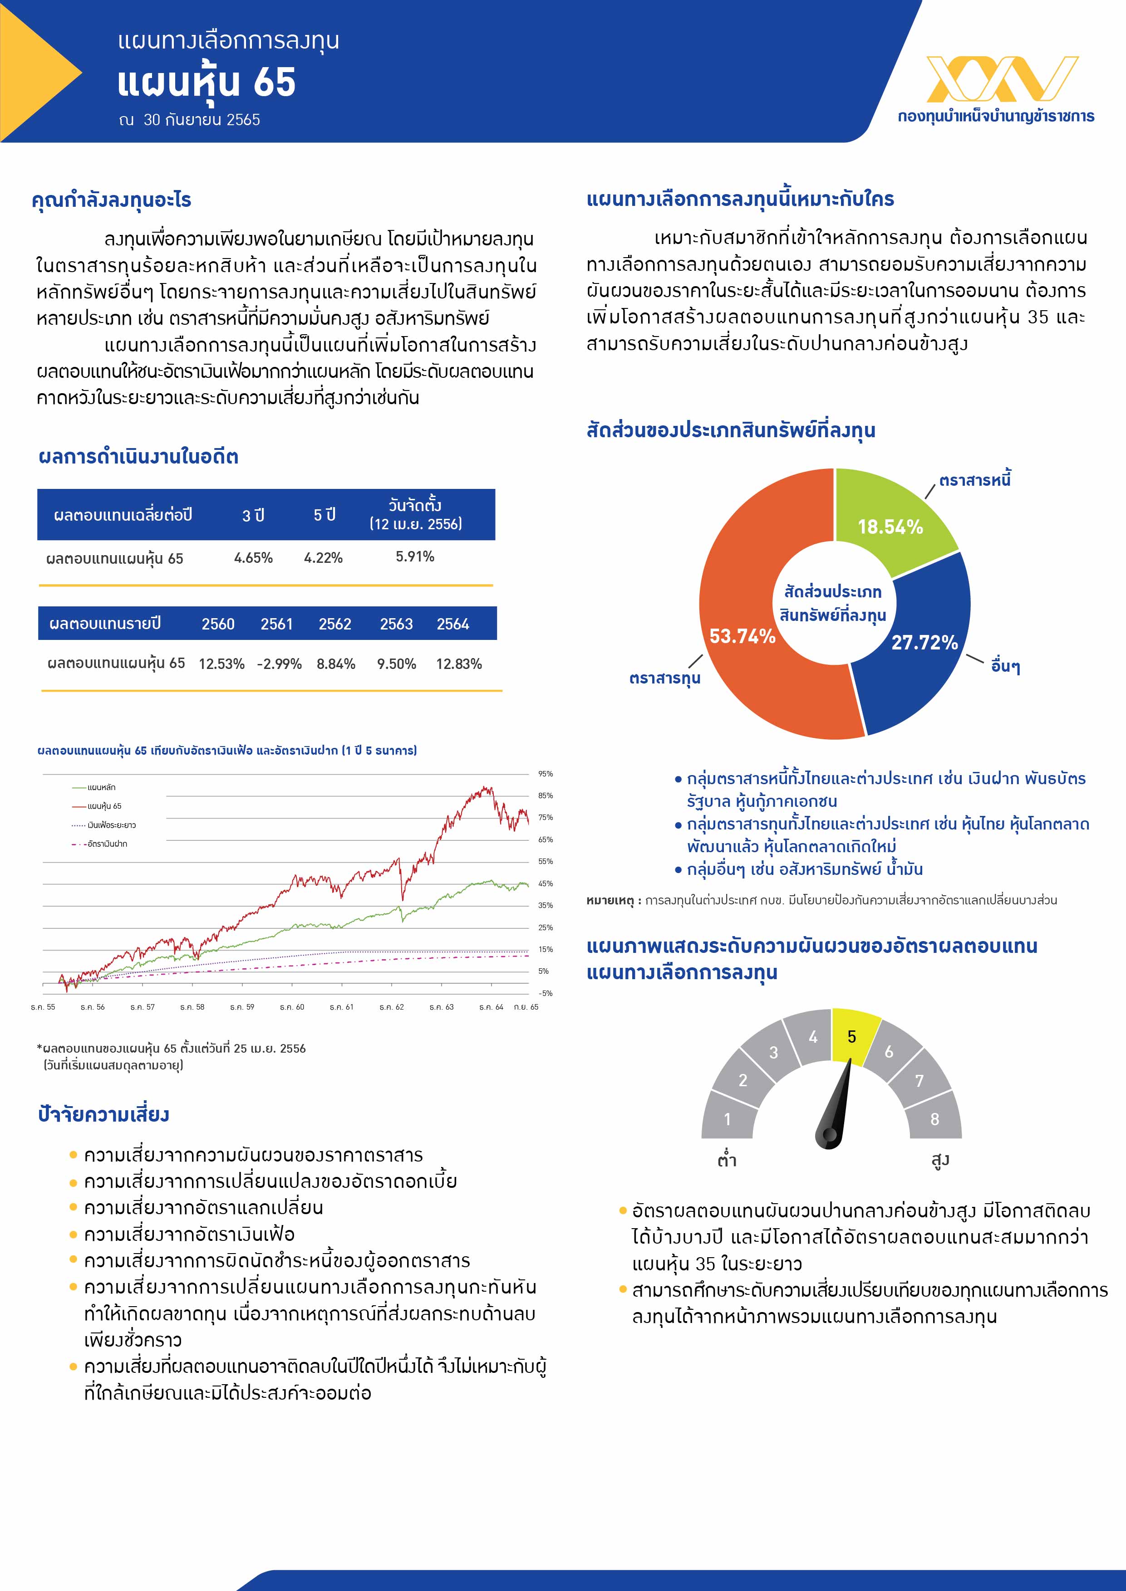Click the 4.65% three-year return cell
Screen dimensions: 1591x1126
click(x=253, y=558)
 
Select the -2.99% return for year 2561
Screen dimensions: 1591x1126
click(x=279, y=664)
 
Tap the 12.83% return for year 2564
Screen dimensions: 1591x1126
click(x=458, y=664)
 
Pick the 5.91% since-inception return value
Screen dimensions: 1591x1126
click(x=415, y=556)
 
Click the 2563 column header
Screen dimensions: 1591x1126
click(x=396, y=624)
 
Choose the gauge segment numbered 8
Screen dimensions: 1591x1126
click(x=934, y=1118)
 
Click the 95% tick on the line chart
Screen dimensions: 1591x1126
click(x=545, y=774)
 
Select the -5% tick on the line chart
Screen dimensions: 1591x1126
click(x=545, y=993)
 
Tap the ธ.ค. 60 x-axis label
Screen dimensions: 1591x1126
click(x=292, y=1007)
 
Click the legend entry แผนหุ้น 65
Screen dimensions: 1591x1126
click(x=104, y=806)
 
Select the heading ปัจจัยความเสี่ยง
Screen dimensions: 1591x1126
click(x=104, y=1114)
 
